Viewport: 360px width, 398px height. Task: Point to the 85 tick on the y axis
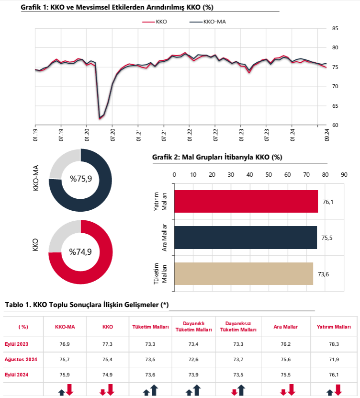pos(335,28)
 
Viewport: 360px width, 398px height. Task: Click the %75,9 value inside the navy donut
pos(81,179)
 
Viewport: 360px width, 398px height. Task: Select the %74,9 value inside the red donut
pos(80,252)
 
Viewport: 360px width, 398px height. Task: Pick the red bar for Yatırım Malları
pos(246,201)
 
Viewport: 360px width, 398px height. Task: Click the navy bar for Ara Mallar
pos(245,237)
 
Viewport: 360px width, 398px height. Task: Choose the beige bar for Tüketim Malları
pos(243,273)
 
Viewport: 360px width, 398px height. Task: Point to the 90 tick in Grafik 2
pos(344,174)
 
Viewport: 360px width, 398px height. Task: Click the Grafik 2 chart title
pos(217,157)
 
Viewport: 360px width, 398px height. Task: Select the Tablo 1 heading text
pos(86,305)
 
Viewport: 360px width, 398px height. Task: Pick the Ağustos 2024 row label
pos(22,359)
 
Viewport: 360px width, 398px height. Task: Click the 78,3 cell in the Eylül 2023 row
pos(333,344)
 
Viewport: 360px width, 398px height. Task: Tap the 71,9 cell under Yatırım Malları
pos(333,359)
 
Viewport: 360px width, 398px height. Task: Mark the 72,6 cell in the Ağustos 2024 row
pos(194,359)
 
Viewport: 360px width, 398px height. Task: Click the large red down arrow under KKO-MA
pos(69,389)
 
